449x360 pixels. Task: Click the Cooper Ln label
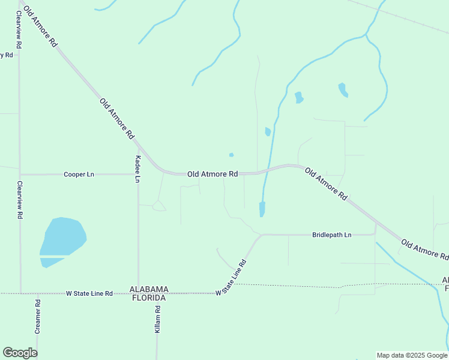pyautogui.click(x=79, y=175)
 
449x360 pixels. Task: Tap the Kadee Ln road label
pyautogui.click(x=138, y=169)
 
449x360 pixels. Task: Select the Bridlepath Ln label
pyautogui.click(x=331, y=235)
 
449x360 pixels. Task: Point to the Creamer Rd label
pyautogui.click(x=37, y=316)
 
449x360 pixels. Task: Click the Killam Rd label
pyautogui.click(x=157, y=319)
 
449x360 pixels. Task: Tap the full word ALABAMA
pyautogui.click(x=149, y=289)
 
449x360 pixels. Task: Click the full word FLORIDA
pyautogui.click(x=149, y=297)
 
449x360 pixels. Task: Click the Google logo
pyautogui.click(x=20, y=353)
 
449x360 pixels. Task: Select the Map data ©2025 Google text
pyautogui.click(x=412, y=355)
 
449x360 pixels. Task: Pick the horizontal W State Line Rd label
pyautogui.click(x=89, y=293)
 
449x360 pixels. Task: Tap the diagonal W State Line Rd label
pyautogui.click(x=232, y=277)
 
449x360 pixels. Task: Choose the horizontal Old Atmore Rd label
pyautogui.click(x=212, y=174)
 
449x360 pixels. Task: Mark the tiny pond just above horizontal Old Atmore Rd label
pyautogui.click(x=231, y=155)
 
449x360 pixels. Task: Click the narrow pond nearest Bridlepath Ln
pyautogui.click(x=262, y=209)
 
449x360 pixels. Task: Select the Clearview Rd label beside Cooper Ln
pyautogui.click(x=20, y=199)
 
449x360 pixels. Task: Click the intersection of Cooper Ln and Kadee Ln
pyautogui.click(x=138, y=174)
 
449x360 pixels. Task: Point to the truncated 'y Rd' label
pyautogui.click(x=7, y=55)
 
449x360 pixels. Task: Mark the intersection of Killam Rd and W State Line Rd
pyautogui.click(x=157, y=293)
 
